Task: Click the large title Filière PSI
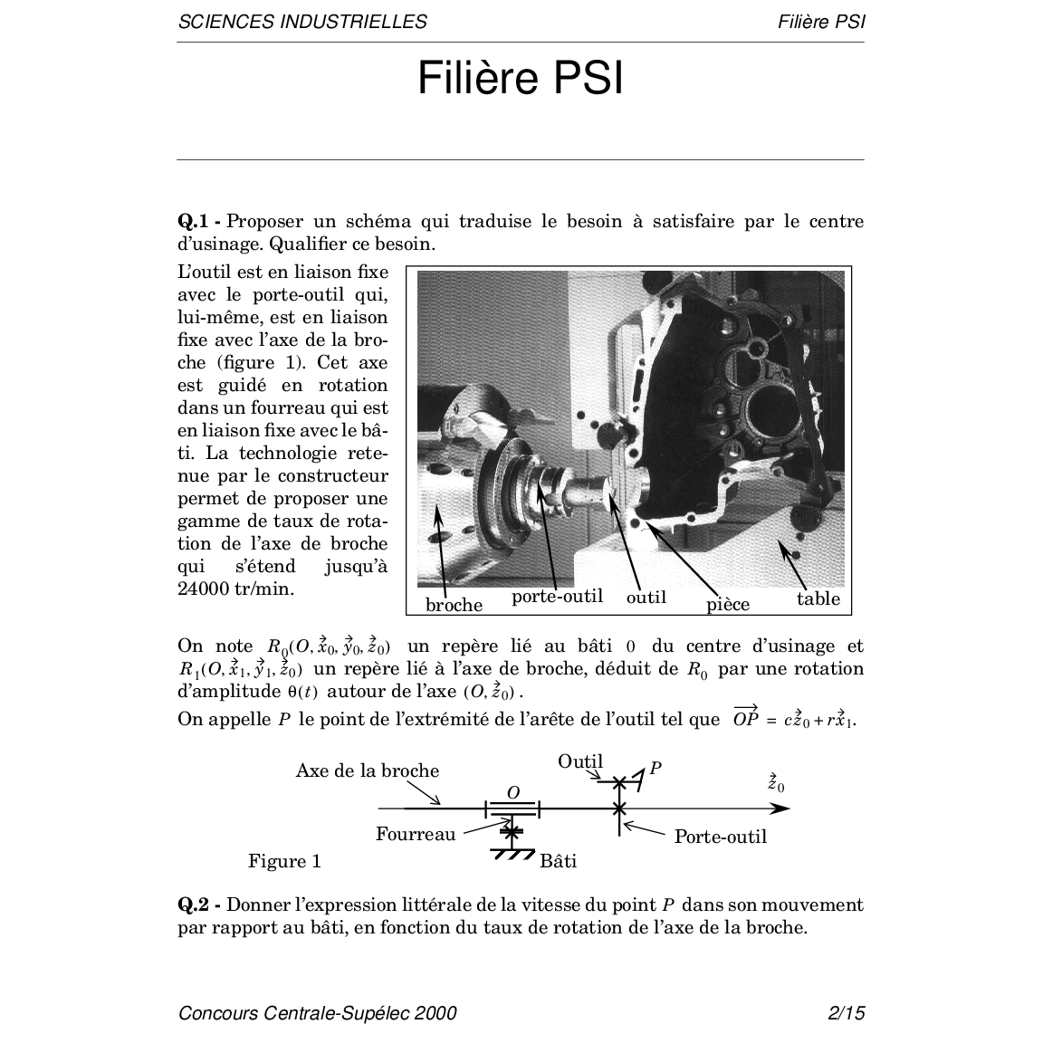pos(521,79)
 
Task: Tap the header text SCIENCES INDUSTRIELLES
pos(302,22)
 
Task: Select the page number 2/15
pos(847,1013)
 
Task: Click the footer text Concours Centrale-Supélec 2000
pos(317,1013)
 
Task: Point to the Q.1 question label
pos(199,222)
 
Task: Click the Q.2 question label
pos(199,904)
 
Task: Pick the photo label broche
pos(454,605)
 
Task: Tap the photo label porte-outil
pos(558,597)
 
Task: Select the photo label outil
pos(646,598)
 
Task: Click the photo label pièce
pos(728,605)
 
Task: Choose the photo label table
pos(818,598)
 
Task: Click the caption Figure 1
pos(284,861)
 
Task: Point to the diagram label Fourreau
pos(416,834)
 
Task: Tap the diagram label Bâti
pos(558,861)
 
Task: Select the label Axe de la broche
pos(368,771)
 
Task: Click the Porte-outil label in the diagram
pos(721,837)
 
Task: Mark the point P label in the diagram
pos(655,769)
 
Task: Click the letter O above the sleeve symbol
pos(512,792)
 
